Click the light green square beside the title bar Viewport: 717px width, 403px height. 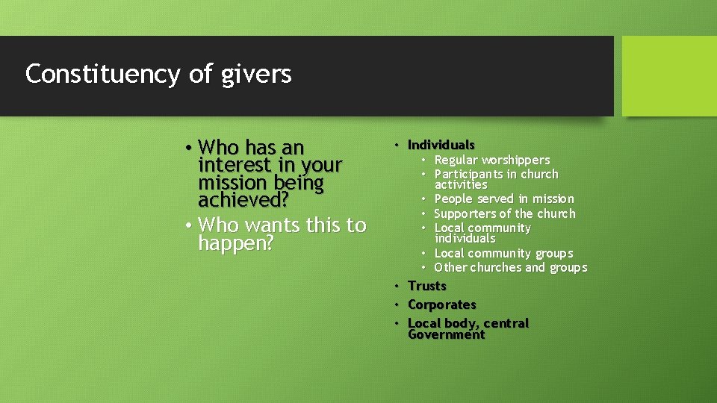point(668,76)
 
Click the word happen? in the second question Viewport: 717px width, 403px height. point(236,243)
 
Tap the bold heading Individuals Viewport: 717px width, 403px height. point(441,145)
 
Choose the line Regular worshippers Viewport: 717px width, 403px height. point(491,160)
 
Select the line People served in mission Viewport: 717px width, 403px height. point(504,199)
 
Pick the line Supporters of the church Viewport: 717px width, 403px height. point(505,213)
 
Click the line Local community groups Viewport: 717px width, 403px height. point(503,253)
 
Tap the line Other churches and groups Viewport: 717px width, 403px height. point(510,267)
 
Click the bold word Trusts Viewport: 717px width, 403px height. point(426,286)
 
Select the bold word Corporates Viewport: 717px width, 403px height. point(441,304)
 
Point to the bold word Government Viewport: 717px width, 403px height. point(446,334)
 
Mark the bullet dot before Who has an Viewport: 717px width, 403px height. point(190,147)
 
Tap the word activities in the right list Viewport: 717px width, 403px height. point(461,184)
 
